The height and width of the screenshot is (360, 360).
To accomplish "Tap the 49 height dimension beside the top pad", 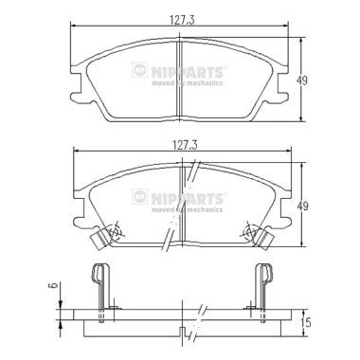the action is point(302,81).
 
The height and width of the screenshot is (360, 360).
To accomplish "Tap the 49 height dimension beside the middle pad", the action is point(302,207).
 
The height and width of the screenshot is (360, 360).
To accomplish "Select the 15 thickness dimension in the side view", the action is point(306,322).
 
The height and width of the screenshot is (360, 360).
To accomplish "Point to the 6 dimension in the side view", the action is point(55,286).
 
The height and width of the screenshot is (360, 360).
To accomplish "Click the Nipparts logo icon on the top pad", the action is point(139,70).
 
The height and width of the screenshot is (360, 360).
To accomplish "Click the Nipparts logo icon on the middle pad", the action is point(139,196).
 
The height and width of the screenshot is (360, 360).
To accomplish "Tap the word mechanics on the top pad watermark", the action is point(205,83).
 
